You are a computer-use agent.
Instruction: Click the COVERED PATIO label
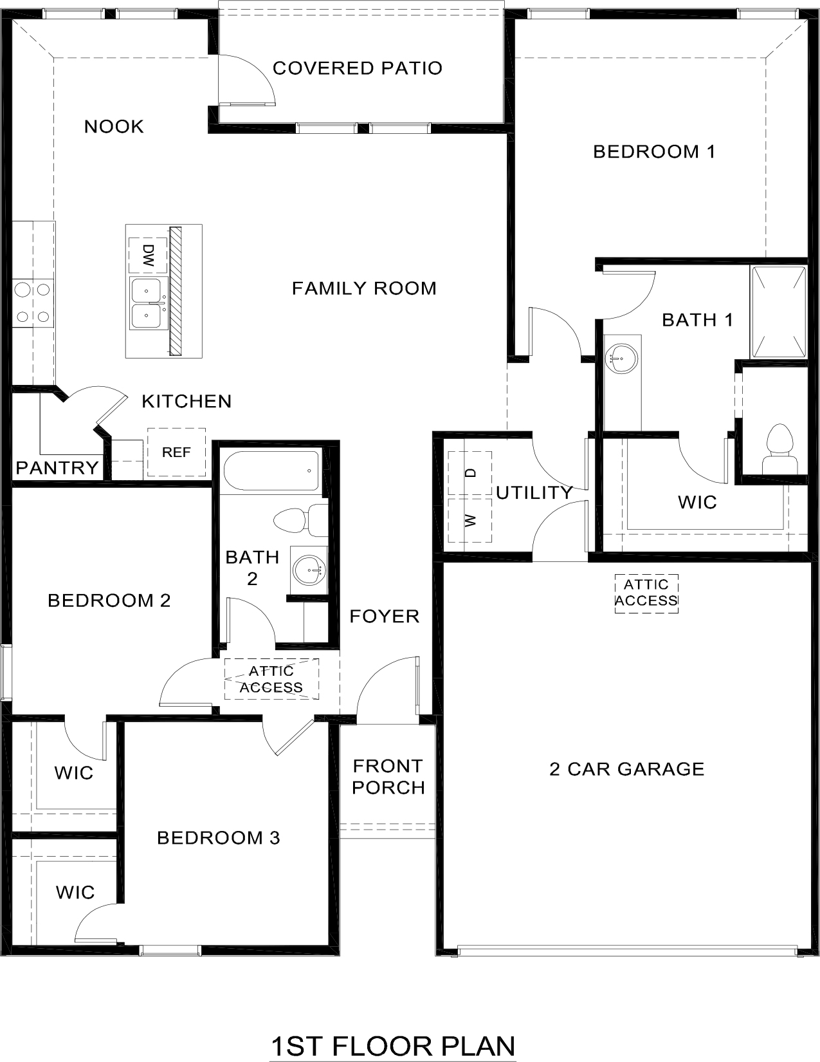pos(358,68)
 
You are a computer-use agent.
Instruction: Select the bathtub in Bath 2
pos(271,471)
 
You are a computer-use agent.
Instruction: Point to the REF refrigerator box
pos(176,452)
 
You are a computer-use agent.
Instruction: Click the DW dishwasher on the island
pos(149,256)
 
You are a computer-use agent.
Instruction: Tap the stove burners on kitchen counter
pos(33,303)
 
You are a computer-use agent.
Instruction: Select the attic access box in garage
pos(646,593)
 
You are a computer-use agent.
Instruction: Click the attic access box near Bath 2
pos(271,679)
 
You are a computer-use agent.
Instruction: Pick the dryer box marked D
pos(470,473)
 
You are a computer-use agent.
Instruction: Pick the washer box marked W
pos(470,520)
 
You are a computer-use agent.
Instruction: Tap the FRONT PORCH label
pos(388,776)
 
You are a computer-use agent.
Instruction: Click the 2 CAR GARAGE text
pos(626,769)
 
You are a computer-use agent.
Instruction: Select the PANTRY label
pos(57,467)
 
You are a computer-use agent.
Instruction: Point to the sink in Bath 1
pos(622,357)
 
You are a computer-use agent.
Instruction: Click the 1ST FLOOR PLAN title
pos(393,1047)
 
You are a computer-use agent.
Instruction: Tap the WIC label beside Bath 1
pos(697,502)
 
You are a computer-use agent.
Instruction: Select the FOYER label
pos(385,617)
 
